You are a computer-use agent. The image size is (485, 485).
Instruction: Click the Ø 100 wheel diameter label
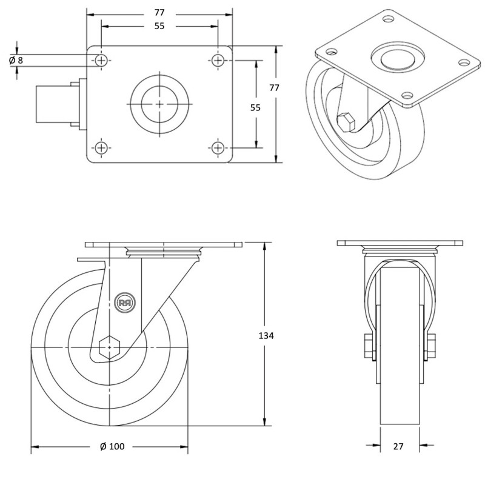[x=112, y=447]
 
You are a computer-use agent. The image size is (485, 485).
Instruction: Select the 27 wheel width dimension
[x=398, y=447]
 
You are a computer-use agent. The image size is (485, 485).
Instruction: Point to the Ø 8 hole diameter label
[x=16, y=60]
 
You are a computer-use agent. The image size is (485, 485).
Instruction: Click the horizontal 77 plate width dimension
[x=159, y=12]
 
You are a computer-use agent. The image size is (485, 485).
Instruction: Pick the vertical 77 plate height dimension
[x=274, y=87]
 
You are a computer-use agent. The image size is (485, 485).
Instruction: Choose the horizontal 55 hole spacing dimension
[x=159, y=26]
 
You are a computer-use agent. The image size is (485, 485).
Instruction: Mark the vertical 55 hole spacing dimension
[x=255, y=107]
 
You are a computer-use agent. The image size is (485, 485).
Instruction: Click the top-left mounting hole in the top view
[x=101, y=60]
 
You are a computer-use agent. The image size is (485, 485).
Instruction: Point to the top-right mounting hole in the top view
[x=218, y=60]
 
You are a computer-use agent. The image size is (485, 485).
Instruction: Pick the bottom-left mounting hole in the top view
[x=101, y=147]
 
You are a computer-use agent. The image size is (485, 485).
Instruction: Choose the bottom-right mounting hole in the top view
[x=218, y=147]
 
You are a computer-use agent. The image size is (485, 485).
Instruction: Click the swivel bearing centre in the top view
[x=159, y=104]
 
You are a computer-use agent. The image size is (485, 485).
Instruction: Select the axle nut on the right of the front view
[x=431, y=346]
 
